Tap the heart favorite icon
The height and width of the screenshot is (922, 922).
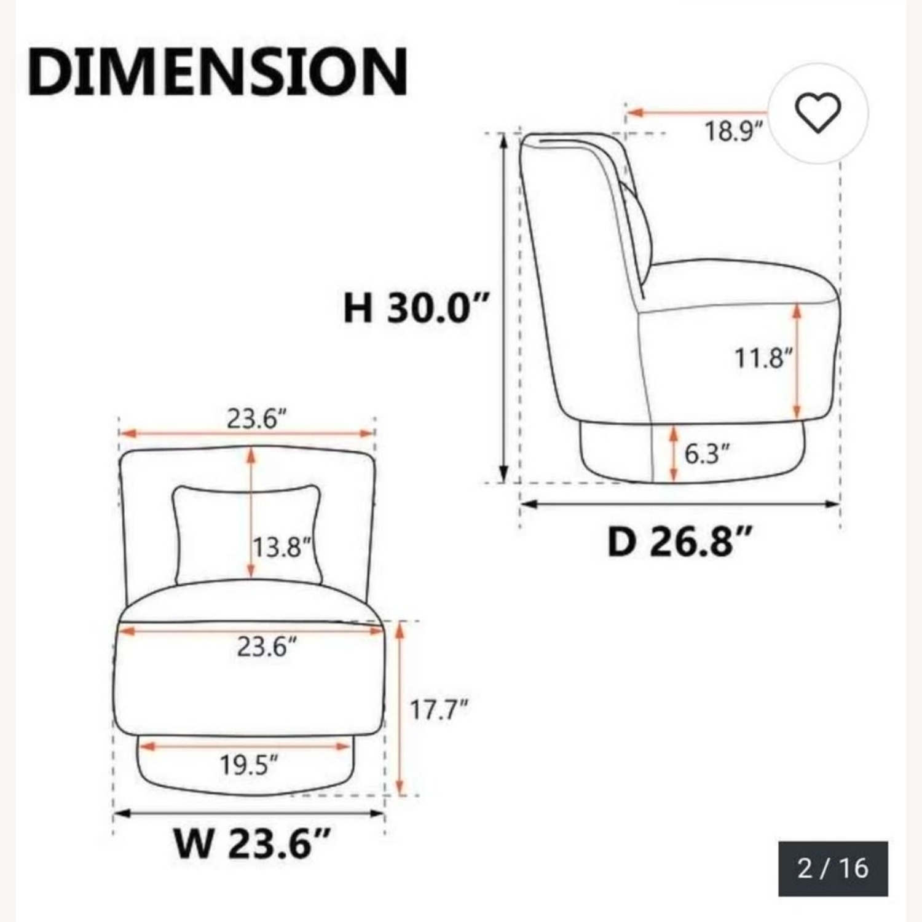pos(818,113)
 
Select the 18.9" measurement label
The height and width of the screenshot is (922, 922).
pos(733,132)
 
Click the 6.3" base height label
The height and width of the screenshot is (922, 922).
pos(707,454)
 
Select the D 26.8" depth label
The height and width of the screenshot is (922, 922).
pos(679,542)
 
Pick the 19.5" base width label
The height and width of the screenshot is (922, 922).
pos(249,765)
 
